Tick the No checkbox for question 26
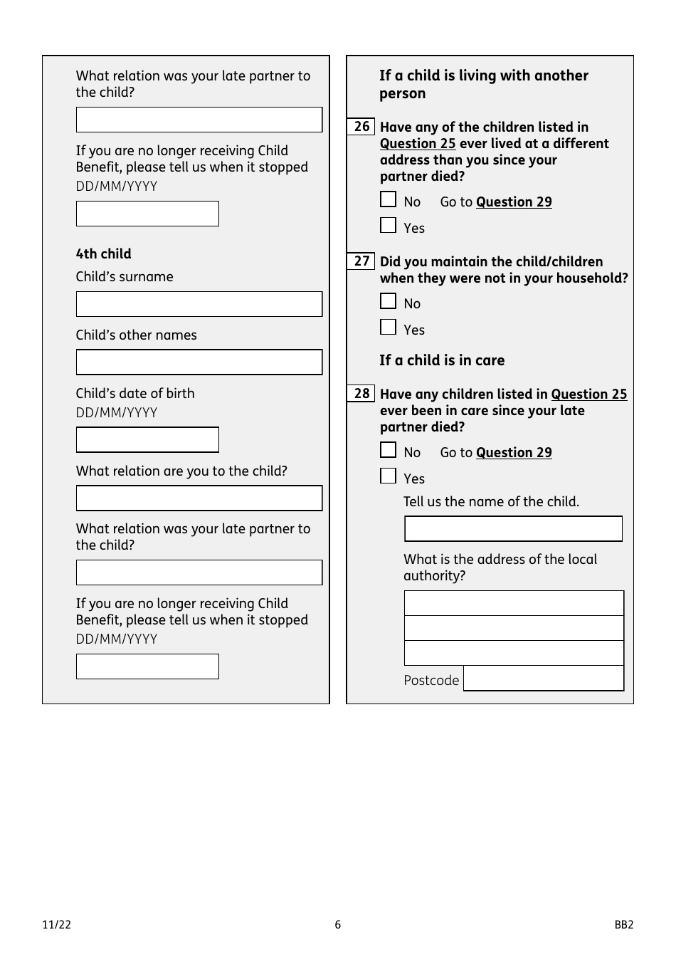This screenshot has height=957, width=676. click(x=388, y=200)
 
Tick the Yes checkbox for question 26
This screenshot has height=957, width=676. click(x=388, y=226)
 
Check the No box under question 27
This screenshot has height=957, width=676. click(x=388, y=302)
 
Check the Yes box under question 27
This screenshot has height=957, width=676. click(x=388, y=328)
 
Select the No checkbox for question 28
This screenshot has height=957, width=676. click(x=388, y=451)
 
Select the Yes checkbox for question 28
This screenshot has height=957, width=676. click(x=388, y=476)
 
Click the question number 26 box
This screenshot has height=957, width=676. click(x=361, y=127)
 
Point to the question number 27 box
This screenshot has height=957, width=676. click(x=361, y=261)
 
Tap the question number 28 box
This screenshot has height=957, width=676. click(x=361, y=394)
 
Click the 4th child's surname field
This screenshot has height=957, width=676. click(x=199, y=304)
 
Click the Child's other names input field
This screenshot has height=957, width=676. click(x=199, y=362)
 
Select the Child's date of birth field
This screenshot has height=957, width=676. click(x=147, y=440)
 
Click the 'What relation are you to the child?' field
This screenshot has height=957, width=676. click(x=199, y=498)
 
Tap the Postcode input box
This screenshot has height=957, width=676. click(x=544, y=679)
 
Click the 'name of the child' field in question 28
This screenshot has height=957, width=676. click(x=513, y=529)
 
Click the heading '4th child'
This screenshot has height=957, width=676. click(x=104, y=254)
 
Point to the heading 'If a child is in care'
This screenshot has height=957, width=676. click(x=442, y=360)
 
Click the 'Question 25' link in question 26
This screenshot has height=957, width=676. click(x=418, y=144)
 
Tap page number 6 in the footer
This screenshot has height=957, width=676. click(x=338, y=925)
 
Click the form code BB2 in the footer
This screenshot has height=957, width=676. click(x=624, y=925)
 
